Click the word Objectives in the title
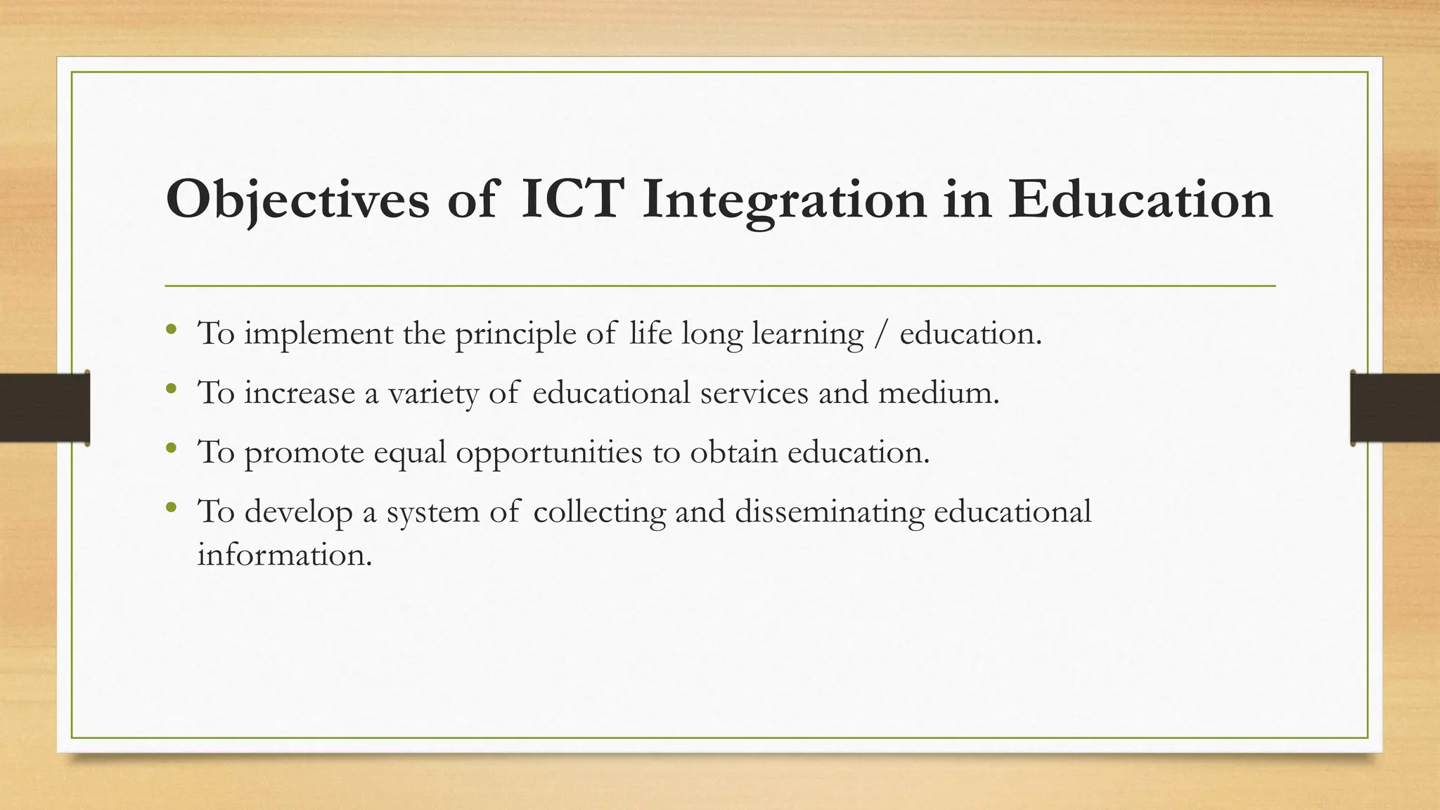(x=297, y=200)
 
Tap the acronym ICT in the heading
(x=572, y=200)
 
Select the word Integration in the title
(x=784, y=200)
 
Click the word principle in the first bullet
(x=515, y=333)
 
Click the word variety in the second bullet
(x=433, y=392)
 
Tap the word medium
(x=938, y=392)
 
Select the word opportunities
(x=549, y=452)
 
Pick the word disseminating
(x=830, y=511)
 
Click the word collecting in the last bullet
(x=599, y=511)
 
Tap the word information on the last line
(x=283, y=555)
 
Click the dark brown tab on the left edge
(x=44, y=408)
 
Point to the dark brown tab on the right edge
(x=1395, y=408)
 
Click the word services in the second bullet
(x=754, y=392)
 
